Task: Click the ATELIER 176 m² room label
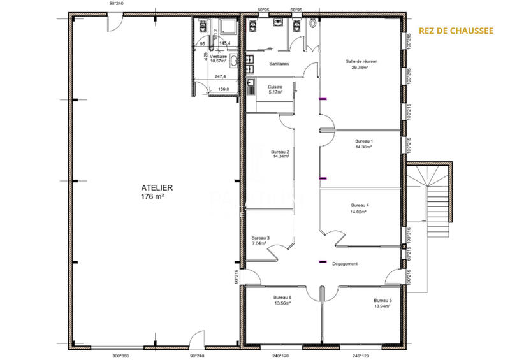click(x=153, y=192)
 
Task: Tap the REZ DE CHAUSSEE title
click(x=455, y=30)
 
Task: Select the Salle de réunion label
click(x=361, y=64)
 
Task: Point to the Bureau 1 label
click(x=363, y=144)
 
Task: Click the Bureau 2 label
click(x=280, y=154)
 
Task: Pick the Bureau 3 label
click(x=261, y=240)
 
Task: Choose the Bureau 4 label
click(x=360, y=208)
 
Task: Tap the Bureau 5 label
click(x=382, y=303)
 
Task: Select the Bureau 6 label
click(x=282, y=301)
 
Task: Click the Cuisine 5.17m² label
click(x=275, y=89)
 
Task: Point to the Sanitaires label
click(x=279, y=64)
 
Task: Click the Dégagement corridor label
click(x=346, y=264)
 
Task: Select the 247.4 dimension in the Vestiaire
click(x=221, y=76)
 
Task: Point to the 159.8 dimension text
click(x=224, y=89)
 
